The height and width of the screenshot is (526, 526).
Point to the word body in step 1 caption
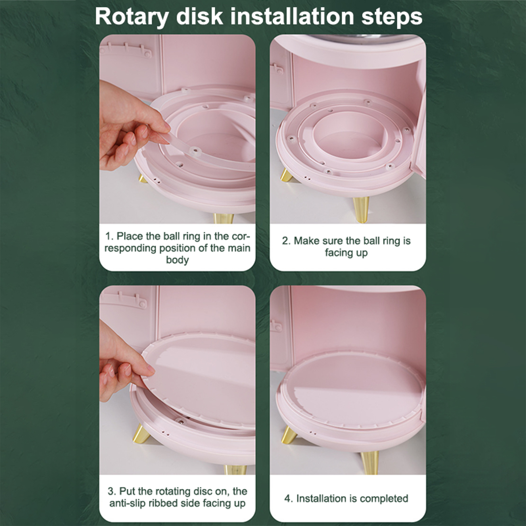[177, 260]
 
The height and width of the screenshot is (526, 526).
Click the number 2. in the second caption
[286, 241]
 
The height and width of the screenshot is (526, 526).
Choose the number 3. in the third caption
[112, 491]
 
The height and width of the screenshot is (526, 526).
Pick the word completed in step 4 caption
[384, 498]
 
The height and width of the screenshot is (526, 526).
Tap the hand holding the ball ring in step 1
[131, 127]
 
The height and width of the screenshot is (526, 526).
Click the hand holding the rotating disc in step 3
[123, 365]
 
